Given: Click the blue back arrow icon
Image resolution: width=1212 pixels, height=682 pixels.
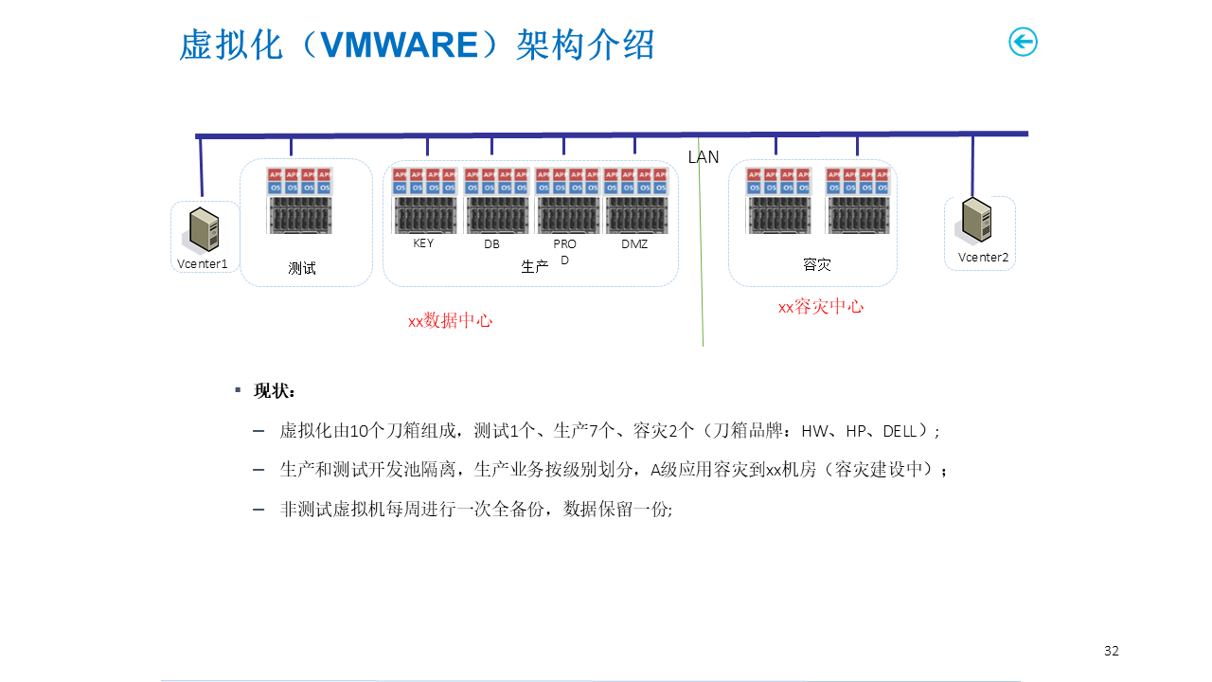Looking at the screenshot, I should coord(1023,42).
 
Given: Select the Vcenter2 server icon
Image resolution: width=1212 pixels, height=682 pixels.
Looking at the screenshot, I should coord(977,220).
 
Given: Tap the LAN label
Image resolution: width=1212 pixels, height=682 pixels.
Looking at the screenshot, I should coord(704,157).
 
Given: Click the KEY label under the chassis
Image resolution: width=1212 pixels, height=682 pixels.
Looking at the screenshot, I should coord(423,243).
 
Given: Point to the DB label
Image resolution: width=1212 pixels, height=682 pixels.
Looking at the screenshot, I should coord(491,244).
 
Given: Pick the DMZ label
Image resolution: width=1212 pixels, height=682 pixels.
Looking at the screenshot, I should coord(634,244).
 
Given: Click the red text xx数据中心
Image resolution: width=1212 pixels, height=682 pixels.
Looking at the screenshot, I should coord(450,321).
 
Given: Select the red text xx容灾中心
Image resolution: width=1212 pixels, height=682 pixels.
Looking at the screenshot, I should coord(821,307).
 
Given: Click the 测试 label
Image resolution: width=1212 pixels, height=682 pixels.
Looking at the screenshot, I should coord(302,268).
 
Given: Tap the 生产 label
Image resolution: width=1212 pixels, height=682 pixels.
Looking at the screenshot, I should coord(535,267).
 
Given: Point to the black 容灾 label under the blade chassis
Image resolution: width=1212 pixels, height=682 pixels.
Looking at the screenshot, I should coord(816,265).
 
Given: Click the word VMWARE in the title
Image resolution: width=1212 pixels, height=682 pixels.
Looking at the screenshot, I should coord(401,45).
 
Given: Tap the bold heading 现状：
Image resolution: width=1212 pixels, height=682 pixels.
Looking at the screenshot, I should coord(275,391).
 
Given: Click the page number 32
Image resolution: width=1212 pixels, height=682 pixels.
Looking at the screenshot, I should coord(1112,651).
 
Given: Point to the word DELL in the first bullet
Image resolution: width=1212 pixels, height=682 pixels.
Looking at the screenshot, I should coord(900,431).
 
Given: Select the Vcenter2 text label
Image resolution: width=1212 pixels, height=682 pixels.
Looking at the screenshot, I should coord(983,258).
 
